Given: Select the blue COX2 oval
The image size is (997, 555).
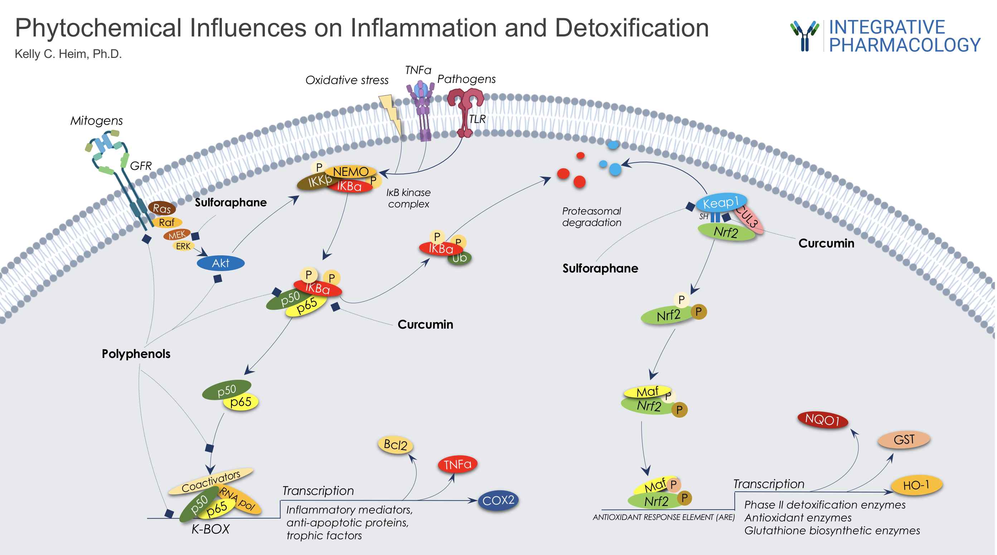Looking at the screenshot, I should click(x=498, y=501).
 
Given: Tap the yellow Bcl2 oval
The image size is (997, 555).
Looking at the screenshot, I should click(x=395, y=445).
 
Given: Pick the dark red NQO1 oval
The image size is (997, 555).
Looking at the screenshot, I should click(x=822, y=419).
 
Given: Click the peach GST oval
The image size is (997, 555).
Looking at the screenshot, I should click(x=904, y=440).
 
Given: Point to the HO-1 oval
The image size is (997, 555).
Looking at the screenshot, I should click(x=916, y=485).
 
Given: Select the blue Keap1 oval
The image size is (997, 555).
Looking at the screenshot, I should click(x=721, y=202).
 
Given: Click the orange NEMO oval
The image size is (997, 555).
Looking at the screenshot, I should click(x=351, y=171).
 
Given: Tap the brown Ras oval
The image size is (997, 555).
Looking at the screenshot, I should click(x=162, y=208).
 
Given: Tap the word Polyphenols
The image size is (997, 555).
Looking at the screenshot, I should click(x=136, y=354).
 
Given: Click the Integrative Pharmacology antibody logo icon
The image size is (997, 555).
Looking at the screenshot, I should click(x=804, y=36).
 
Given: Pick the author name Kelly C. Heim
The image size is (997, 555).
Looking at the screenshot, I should click(x=68, y=54).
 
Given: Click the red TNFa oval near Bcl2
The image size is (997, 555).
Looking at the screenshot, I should click(x=457, y=464).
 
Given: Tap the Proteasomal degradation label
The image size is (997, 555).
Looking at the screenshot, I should click(x=592, y=217).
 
